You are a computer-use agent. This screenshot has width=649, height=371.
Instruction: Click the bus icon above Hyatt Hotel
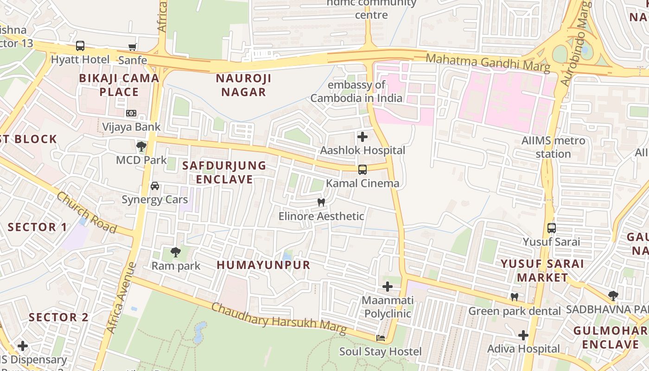pyautogui.click(x=80, y=46)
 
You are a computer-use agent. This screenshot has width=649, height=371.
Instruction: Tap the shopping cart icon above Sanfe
pyautogui.click(x=133, y=47)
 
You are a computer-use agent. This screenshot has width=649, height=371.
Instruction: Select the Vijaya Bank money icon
pyautogui.click(x=131, y=113)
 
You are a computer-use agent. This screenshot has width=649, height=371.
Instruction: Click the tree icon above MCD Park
pyautogui.click(x=141, y=147)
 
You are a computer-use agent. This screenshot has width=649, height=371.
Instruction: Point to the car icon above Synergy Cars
pyautogui.click(x=155, y=186)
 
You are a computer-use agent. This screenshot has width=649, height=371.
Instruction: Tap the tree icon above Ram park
pyautogui.click(x=176, y=252)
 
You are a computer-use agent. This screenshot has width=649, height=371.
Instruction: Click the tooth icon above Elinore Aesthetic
pyautogui.click(x=321, y=203)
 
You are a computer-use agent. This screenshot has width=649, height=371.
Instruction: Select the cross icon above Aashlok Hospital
pyautogui.click(x=363, y=137)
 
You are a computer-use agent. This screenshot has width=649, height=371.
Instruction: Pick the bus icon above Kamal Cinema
pyautogui.click(x=363, y=170)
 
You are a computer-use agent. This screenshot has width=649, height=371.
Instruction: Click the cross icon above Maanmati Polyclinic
pyautogui.click(x=388, y=287)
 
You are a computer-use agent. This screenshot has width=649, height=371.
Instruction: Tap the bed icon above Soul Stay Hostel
pyautogui.click(x=381, y=338)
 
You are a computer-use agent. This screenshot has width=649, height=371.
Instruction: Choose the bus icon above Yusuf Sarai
pyautogui.click(x=552, y=228)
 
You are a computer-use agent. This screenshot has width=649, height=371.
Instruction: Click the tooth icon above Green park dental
pyautogui.click(x=514, y=297)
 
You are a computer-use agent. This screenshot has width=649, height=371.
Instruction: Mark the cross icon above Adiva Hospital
pyautogui.click(x=523, y=335)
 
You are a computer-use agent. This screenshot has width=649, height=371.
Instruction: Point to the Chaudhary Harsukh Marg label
pyautogui.click(x=279, y=319)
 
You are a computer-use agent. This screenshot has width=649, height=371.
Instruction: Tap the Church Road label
pyautogui.click(x=87, y=212)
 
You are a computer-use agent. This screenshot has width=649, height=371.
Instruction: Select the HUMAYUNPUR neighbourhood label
pyautogui.click(x=263, y=265)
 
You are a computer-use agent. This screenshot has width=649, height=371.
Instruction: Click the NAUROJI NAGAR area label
pyautogui.click(x=243, y=85)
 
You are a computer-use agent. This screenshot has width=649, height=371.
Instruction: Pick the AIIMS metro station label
pyautogui.click(x=553, y=147)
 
